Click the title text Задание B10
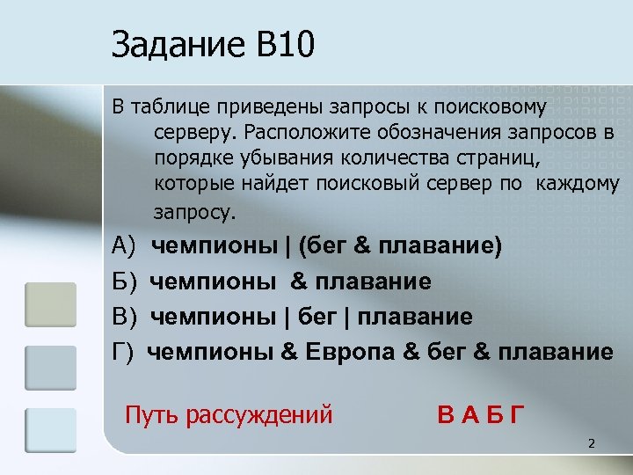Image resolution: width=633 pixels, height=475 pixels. click(x=212, y=45)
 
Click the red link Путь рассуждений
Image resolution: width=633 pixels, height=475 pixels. click(x=229, y=413)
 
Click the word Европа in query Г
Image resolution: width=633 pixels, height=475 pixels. click(x=351, y=353)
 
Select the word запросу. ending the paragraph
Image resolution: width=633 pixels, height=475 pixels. click(x=195, y=212)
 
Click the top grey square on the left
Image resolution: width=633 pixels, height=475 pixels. click(x=51, y=303)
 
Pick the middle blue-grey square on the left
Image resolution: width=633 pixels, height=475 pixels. click(x=51, y=367)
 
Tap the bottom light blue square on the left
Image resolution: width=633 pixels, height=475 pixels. click(x=51, y=430)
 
